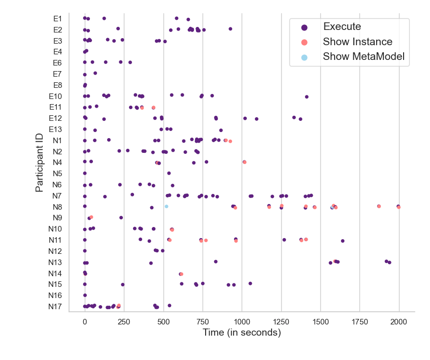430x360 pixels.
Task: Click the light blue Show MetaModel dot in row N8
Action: point(166,206)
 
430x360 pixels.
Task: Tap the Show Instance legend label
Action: point(357,42)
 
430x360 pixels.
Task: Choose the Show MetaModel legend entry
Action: point(363,57)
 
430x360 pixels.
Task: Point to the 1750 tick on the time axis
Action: point(360,321)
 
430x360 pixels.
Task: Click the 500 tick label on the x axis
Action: point(163,321)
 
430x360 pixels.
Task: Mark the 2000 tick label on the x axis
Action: point(399,321)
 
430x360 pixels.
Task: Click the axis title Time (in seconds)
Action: point(242,333)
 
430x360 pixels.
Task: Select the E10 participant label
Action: point(55,96)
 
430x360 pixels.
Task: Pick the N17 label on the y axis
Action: point(55,306)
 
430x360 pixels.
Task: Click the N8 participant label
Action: point(57,207)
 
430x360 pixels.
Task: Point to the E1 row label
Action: point(57,19)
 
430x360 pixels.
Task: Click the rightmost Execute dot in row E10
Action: point(307,96)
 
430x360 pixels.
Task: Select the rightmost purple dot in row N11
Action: point(343,241)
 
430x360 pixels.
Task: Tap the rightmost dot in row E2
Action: point(230,29)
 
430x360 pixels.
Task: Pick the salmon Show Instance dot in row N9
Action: point(91,217)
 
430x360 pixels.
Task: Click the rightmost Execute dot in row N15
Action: point(250,283)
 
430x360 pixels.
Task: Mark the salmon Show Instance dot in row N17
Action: point(119,305)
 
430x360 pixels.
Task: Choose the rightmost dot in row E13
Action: point(221,130)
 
